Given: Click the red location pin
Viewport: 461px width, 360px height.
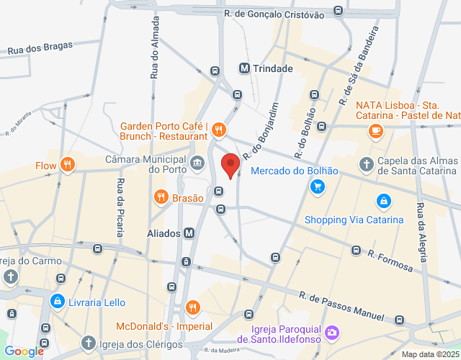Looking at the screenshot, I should pos(230,165).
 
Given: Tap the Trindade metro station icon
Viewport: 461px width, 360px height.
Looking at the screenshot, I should pos(245,68).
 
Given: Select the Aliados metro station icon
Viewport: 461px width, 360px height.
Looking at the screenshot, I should pos(189,233).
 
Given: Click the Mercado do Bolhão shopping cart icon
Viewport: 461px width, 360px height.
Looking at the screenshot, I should pos(317,186).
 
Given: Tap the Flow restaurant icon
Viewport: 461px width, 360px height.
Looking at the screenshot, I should pos(68,165).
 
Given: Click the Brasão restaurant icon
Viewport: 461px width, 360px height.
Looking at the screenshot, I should pos(161,196).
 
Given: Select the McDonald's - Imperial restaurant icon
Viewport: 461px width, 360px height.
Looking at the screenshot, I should pos(192,308).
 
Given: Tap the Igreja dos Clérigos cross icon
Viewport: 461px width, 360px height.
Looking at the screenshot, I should pos(88,342).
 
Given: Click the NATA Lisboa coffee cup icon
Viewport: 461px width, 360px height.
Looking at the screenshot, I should pos(375,130).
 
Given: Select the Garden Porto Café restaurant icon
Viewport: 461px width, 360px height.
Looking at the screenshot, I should pos(220,130).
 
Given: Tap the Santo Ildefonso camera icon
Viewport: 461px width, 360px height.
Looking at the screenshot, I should pos(331,332).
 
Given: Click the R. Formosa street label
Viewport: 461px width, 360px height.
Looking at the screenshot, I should pos(390,261).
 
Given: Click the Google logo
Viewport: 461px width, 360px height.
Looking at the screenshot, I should pos(23,351).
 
